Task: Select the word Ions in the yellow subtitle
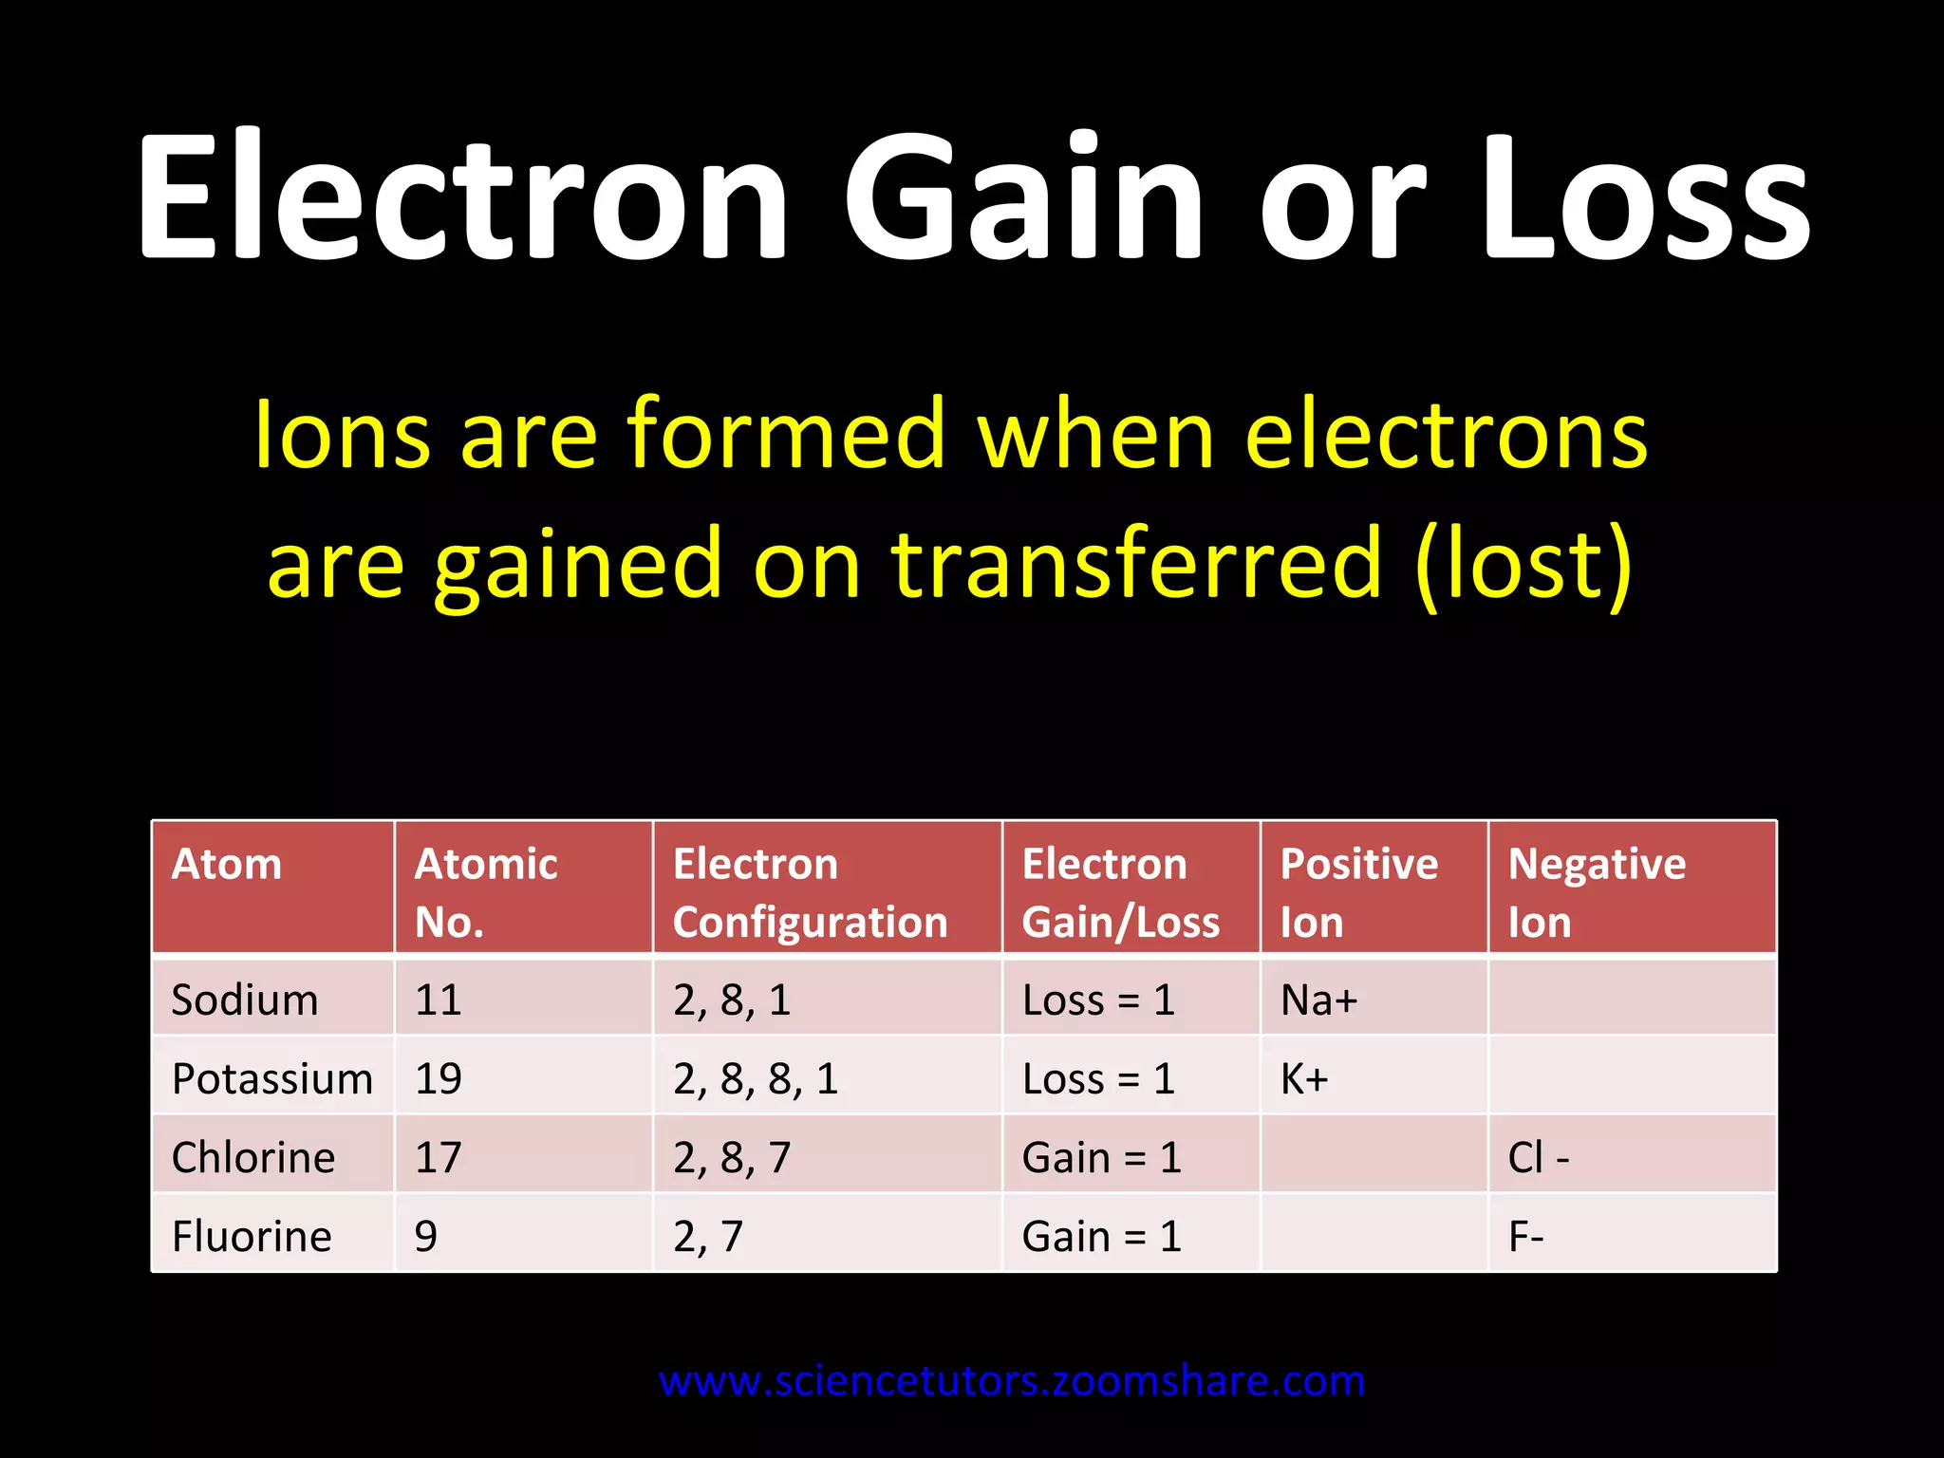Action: (x=342, y=434)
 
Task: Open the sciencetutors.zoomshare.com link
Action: (x=1012, y=1381)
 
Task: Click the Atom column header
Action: (x=227, y=865)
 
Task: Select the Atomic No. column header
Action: (x=486, y=892)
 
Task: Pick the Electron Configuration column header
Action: (x=811, y=892)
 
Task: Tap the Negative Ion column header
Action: (x=1597, y=892)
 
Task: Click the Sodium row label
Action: (x=245, y=1000)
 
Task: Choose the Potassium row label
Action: (x=272, y=1079)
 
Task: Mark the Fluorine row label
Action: (x=252, y=1237)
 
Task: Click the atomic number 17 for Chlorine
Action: (x=439, y=1158)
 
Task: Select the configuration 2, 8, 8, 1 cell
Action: (x=756, y=1079)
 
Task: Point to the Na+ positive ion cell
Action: (x=1319, y=1000)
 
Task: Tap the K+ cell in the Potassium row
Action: (x=1304, y=1079)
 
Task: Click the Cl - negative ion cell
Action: (x=1539, y=1158)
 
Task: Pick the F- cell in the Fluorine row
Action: (x=1526, y=1237)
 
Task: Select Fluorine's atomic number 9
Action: (x=426, y=1237)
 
